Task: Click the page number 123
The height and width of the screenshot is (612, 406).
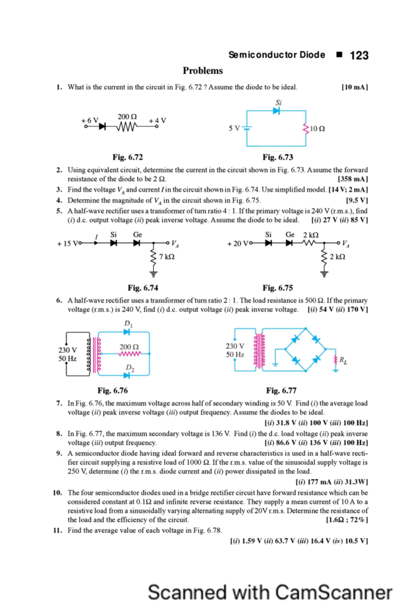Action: click(359, 55)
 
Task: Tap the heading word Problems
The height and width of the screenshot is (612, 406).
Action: click(203, 71)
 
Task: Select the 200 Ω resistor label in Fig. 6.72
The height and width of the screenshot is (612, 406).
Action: click(127, 117)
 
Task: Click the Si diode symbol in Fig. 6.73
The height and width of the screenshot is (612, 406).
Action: click(277, 111)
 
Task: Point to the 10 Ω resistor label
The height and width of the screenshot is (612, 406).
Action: click(317, 129)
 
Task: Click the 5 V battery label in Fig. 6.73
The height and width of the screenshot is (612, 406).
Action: click(234, 129)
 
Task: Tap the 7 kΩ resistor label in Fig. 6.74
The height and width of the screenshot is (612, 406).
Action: click(167, 257)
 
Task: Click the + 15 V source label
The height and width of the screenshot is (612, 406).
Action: click(68, 244)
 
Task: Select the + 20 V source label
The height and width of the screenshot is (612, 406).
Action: click(238, 244)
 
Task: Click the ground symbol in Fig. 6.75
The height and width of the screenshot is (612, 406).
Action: click(324, 274)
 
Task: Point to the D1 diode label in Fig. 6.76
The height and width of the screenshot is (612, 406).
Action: click(128, 324)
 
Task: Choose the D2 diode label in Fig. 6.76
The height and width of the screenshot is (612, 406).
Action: click(130, 368)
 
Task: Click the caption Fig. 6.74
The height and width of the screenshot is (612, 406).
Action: click(143, 288)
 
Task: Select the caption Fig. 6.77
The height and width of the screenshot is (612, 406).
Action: click(281, 391)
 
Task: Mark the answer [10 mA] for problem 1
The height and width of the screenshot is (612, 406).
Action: click(355, 87)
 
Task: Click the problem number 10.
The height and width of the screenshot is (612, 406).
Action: click(57, 493)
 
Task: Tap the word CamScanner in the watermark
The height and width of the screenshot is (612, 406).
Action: click(333, 592)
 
